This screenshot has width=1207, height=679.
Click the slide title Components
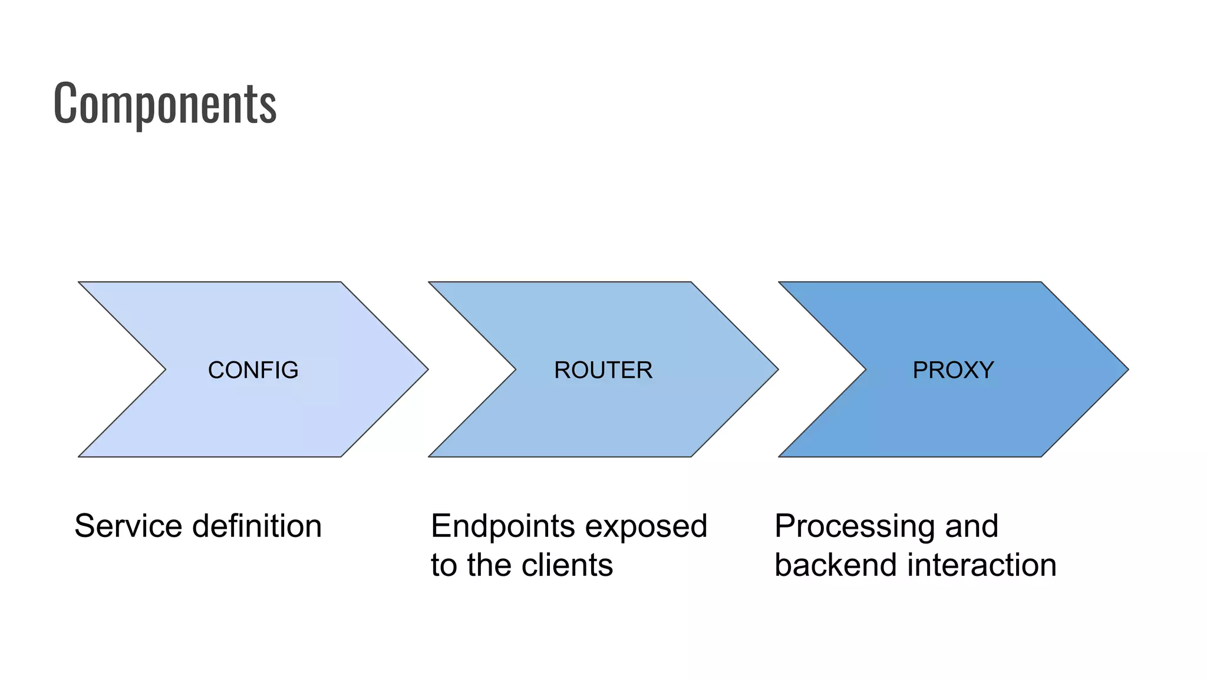[x=165, y=103]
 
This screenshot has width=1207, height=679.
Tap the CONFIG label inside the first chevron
[x=253, y=370]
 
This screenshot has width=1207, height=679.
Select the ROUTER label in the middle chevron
[x=603, y=370]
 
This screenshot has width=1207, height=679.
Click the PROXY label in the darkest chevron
[x=953, y=370]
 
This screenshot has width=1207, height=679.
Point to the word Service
[x=128, y=526]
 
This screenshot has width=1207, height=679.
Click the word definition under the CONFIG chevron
[x=257, y=526]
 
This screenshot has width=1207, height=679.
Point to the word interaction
[x=981, y=565]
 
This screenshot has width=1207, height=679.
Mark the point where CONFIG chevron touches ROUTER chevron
[x=428, y=370]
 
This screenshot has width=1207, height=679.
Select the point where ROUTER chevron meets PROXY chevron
[x=779, y=370]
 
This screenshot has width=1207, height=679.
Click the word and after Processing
[x=972, y=526]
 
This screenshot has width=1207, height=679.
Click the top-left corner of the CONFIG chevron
[x=80, y=283]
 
